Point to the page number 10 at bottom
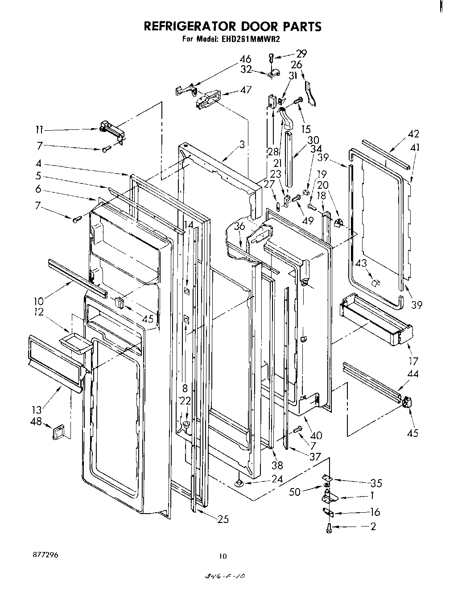pos(223,556)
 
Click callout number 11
pos(40,130)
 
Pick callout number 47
pos(246,90)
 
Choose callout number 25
pos(223,519)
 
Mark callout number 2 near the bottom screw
pos(373,527)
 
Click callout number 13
pos(37,410)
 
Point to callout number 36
pos(239,227)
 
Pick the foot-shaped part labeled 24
pos(240,482)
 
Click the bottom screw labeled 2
pos(329,528)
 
